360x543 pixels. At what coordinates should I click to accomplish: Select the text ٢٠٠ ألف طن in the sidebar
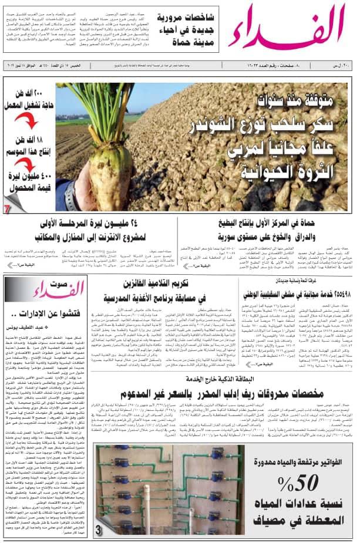pos(31,99)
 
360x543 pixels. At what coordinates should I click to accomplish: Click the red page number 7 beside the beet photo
pos(7,208)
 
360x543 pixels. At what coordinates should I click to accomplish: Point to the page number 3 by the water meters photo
pos(99,530)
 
